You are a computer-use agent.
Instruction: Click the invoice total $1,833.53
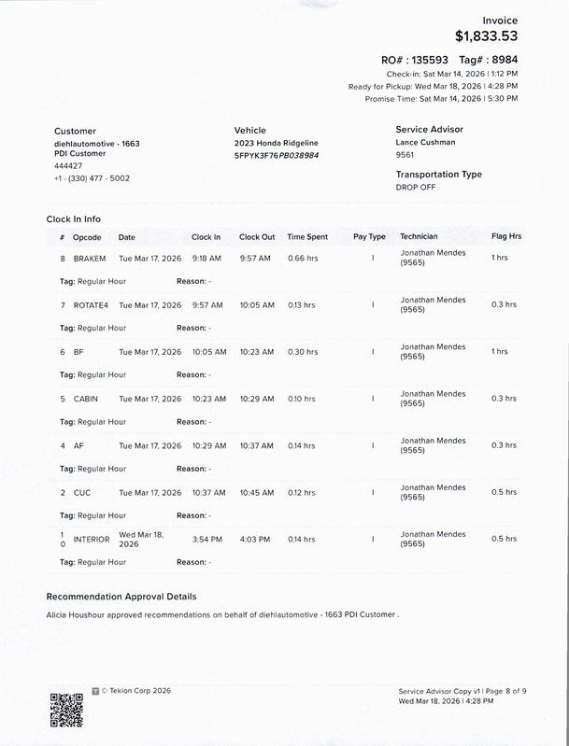[x=485, y=36]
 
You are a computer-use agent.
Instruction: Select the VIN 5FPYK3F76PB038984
[x=276, y=155]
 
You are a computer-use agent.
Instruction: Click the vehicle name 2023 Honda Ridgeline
[x=274, y=143]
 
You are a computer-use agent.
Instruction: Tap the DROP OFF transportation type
[x=417, y=187]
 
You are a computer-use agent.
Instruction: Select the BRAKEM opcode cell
[x=89, y=258]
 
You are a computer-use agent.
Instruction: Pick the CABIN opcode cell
[x=86, y=399]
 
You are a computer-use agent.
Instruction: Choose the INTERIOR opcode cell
[x=92, y=540]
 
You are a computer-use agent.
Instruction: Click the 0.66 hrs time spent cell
[x=302, y=258]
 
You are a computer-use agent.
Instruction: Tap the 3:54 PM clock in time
[x=206, y=540]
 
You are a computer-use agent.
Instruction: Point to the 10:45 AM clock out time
[x=256, y=493]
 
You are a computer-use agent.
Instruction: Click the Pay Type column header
[x=369, y=237]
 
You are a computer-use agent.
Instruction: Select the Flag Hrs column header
[x=505, y=237]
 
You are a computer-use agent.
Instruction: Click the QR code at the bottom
[x=67, y=710]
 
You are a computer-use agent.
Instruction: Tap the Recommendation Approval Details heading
[x=121, y=596]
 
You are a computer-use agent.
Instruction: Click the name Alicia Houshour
[x=76, y=615]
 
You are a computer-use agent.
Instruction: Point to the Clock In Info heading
[x=74, y=219]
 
